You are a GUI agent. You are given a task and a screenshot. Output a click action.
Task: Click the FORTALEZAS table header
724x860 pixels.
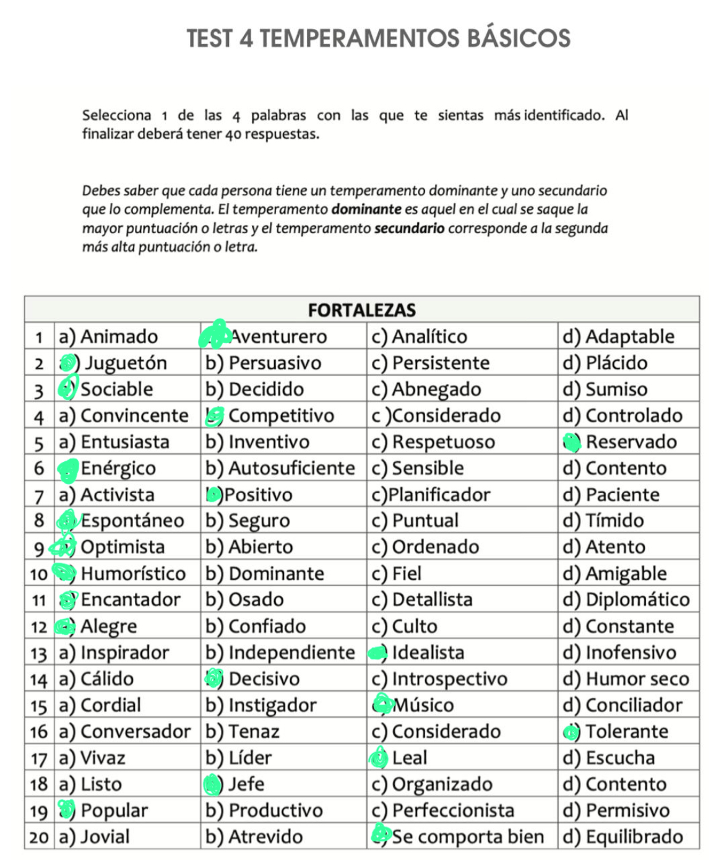[x=361, y=310]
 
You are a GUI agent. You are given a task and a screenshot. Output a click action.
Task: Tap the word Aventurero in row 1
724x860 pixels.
[x=278, y=337]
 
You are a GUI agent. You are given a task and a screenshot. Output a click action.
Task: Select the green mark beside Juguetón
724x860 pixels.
[x=69, y=363]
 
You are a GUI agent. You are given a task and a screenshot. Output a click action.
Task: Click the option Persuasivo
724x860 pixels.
[x=275, y=363]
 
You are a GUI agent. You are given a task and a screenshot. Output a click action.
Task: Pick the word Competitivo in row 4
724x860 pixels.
[x=281, y=415]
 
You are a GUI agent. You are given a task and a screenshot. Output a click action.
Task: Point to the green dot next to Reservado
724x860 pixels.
[x=572, y=442]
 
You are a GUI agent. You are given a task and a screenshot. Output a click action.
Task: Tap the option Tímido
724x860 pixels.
[x=614, y=521]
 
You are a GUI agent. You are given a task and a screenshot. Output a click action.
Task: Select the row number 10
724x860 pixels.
[x=38, y=574]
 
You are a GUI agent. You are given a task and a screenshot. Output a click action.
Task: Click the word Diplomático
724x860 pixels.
[x=637, y=600]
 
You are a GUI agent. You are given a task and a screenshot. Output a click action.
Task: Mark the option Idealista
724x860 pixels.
[x=428, y=653]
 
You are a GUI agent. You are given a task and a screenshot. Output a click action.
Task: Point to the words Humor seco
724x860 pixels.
[x=637, y=679]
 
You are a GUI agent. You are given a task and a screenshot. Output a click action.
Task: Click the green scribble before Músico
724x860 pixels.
[x=382, y=704]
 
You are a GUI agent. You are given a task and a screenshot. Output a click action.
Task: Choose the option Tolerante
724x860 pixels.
[x=626, y=732]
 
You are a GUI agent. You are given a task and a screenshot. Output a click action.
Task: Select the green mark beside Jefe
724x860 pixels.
[x=212, y=784]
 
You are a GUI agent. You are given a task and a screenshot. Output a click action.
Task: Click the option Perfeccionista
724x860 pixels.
[x=453, y=810]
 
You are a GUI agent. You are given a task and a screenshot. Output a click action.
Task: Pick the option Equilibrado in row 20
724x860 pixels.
[x=634, y=837]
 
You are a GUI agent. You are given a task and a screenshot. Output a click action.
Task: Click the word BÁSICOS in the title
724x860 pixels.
[x=519, y=38]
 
